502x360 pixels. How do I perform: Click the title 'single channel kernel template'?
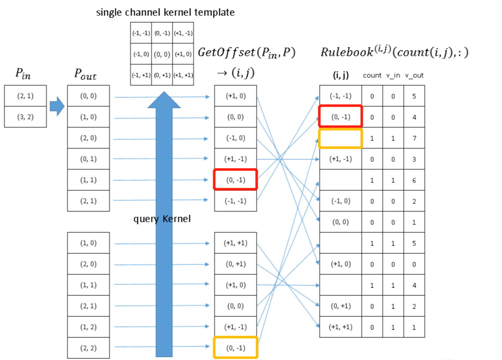click(x=165, y=13)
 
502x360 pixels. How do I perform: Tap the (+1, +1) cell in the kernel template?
click(x=183, y=75)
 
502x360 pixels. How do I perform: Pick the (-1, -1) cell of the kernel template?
click(x=141, y=33)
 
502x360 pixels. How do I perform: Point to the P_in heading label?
click(x=23, y=74)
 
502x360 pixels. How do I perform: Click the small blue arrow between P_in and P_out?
click(x=57, y=106)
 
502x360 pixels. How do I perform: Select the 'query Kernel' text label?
click(x=162, y=219)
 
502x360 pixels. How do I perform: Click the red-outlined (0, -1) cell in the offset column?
click(x=235, y=180)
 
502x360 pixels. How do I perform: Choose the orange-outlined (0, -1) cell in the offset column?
click(x=235, y=347)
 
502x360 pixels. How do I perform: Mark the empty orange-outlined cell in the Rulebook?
click(x=341, y=139)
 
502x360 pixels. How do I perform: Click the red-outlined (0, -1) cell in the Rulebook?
click(x=341, y=116)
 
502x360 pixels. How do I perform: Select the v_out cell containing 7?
click(x=414, y=138)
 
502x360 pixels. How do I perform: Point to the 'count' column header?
click(x=372, y=76)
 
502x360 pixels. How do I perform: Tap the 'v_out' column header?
click(x=414, y=76)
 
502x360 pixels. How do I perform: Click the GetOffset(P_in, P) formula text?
click(x=246, y=53)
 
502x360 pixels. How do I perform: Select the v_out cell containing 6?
click(x=414, y=180)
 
